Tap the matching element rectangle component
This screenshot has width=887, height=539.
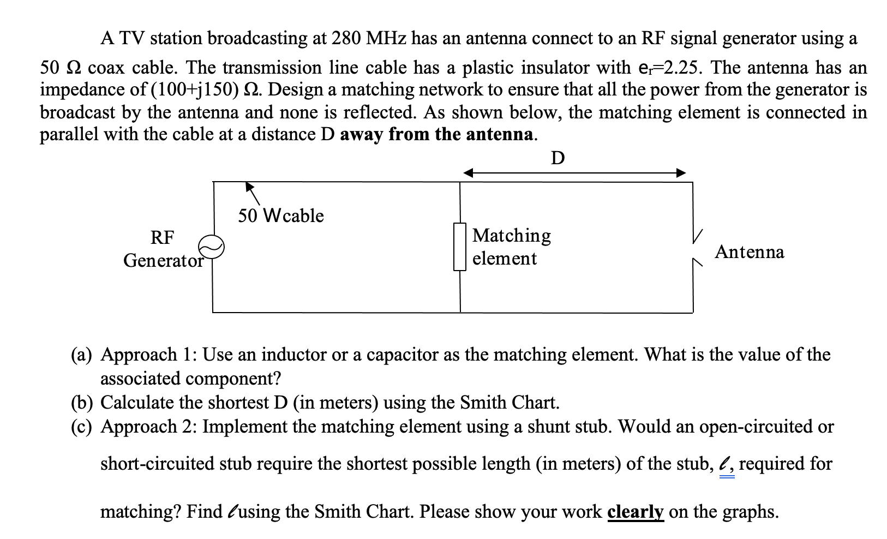[x=460, y=247]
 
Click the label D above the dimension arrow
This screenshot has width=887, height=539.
[x=558, y=158]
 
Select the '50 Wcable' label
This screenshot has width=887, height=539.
[x=280, y=216]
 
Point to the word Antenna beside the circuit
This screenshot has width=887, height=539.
[x=750, y=252]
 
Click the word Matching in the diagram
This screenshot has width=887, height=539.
[x=512, y=235]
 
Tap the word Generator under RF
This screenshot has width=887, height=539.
[x=163, y=260]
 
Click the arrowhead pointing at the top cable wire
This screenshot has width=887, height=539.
[x=249, y=186]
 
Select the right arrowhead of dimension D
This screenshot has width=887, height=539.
[x=681, y=173]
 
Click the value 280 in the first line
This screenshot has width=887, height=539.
[x=346, y=38]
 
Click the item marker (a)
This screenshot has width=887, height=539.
[x=82, y=355]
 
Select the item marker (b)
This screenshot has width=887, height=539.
[x=82, y=403]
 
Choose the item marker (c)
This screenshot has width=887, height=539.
[x=82, y=427]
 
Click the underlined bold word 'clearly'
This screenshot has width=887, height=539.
[x=635, y=512]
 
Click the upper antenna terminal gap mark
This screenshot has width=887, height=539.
[x=697, y=236]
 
